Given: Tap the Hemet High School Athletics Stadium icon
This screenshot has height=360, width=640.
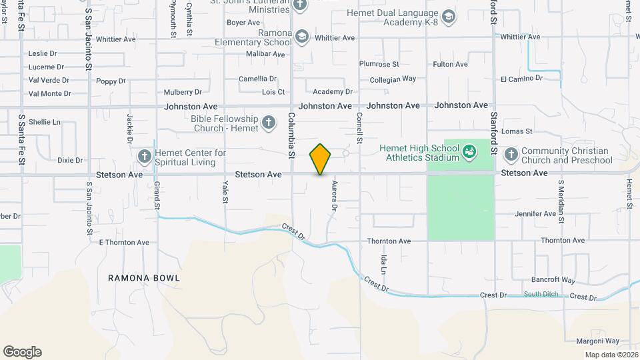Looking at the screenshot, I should pos(469,152).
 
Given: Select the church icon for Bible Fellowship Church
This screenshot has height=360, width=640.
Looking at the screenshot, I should pos(268,122).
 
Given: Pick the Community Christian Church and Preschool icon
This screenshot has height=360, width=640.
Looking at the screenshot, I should pos(511,155).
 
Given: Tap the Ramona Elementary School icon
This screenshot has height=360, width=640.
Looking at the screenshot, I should pos(302,36).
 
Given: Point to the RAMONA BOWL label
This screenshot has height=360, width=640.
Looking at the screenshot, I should pos(144,277).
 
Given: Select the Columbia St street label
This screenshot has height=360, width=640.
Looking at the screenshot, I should pos(291,135).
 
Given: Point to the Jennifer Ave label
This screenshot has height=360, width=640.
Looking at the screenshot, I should pos(535,214).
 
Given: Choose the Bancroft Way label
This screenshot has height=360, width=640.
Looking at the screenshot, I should pos(553,280).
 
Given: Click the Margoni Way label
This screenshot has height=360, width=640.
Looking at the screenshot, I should pos(598,341).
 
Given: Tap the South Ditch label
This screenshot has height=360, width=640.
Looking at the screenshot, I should pos(541,294).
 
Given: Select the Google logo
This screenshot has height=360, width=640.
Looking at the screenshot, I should pos(22,352).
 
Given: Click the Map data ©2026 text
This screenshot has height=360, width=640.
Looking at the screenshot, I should pos(611,355).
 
